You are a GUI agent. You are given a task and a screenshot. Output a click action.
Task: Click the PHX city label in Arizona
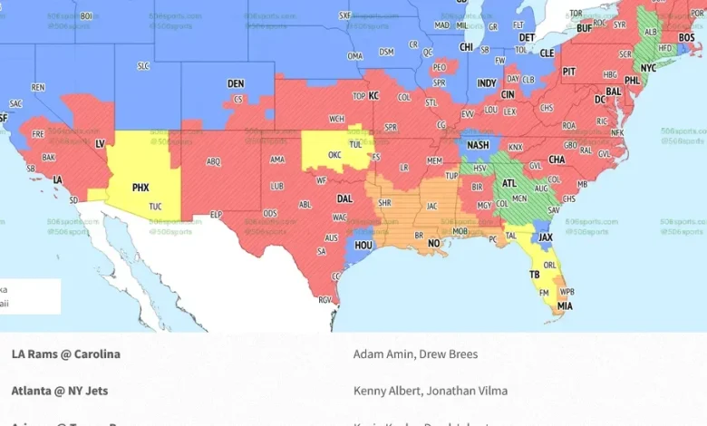140,188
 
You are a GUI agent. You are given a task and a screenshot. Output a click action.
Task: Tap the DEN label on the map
236,83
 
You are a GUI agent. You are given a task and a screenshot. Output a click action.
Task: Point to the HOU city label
363,245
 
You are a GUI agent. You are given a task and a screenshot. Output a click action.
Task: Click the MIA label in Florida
565,306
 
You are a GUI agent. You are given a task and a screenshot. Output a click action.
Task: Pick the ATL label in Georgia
509,181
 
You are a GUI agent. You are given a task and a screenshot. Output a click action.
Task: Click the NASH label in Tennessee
478,145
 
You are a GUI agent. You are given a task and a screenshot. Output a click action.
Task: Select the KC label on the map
373,95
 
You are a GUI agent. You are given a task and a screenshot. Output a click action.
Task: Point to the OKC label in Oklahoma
334,155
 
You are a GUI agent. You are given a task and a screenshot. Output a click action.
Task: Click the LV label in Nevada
100,143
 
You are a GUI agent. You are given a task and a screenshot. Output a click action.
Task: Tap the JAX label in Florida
546,237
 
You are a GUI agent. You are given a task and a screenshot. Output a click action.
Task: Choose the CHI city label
466,47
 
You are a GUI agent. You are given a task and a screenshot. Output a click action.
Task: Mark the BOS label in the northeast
687,37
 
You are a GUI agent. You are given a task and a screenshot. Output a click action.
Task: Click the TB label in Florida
535,274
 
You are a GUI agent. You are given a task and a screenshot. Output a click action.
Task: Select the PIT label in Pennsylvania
569,71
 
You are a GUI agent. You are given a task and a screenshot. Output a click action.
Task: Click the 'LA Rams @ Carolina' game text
65,354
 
